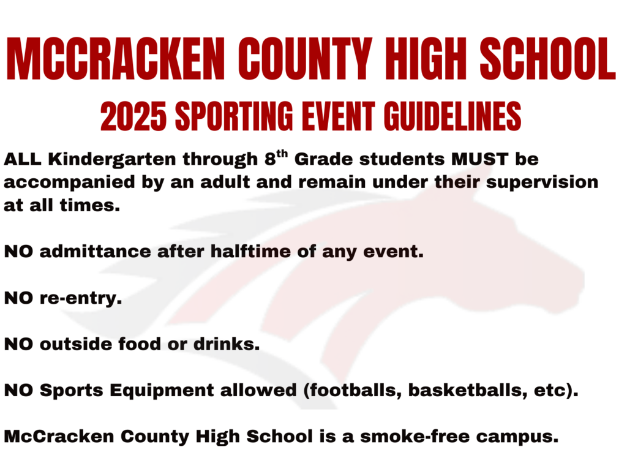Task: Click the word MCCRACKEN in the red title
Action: coord(116,59)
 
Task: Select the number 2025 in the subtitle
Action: coord(133,116)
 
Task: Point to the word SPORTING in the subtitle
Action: coord(234,116)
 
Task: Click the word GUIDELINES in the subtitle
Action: coord(452,116)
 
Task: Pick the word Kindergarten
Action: coord(112,160)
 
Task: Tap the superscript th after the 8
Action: coord(282,154)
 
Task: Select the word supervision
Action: coord(543,183)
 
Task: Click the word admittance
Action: coord(95,252)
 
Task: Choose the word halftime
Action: coord(250,252)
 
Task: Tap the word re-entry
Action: coord(81,298)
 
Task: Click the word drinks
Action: coord(227,344)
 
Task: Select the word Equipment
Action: coord(162,391)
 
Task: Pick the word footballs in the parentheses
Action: coord(353,391)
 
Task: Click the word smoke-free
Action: coord(415,437)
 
